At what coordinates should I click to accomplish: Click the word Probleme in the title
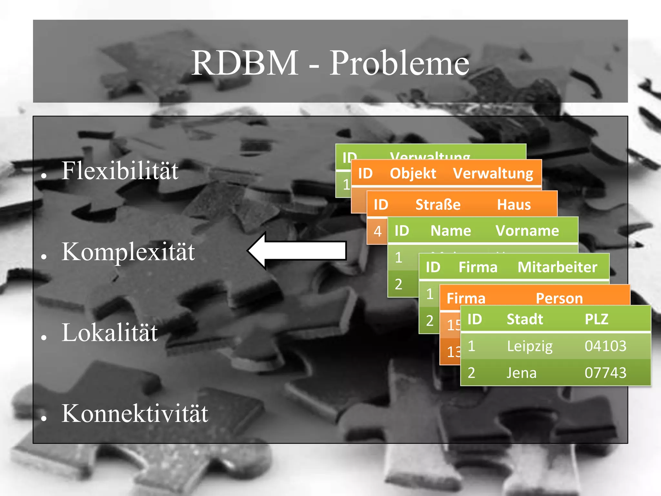(x=399, y=63)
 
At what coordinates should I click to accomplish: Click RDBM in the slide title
(x=245, y=63)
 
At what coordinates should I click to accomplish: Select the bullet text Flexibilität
(x=120, y=171)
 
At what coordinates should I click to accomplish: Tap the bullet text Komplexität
(x=128, y=252)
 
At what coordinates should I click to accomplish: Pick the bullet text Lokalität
(x=110, y=333)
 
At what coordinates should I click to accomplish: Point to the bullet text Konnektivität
(x=135, y=414)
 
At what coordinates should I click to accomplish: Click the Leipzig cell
(x=530, y=346)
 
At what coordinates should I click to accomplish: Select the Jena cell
(x=521, y=373)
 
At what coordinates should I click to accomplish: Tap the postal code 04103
(x=605, y=346)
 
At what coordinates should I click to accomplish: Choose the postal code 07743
(x=605, y=373)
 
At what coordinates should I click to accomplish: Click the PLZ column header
(x=596, y=319)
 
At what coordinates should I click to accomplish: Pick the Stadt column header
(x=525, y=319)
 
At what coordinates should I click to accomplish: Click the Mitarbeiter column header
(x=557, y=267)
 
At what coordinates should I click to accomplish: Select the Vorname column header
(x=527, y=231)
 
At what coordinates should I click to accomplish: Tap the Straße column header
(x=438, y=205)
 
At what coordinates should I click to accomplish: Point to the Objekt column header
(x=413, y=173)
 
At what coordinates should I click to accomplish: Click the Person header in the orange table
(x=559, y=298)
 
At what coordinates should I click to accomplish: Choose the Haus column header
(x=514, y=205)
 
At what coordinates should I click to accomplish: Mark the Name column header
(x=451, y=231)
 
